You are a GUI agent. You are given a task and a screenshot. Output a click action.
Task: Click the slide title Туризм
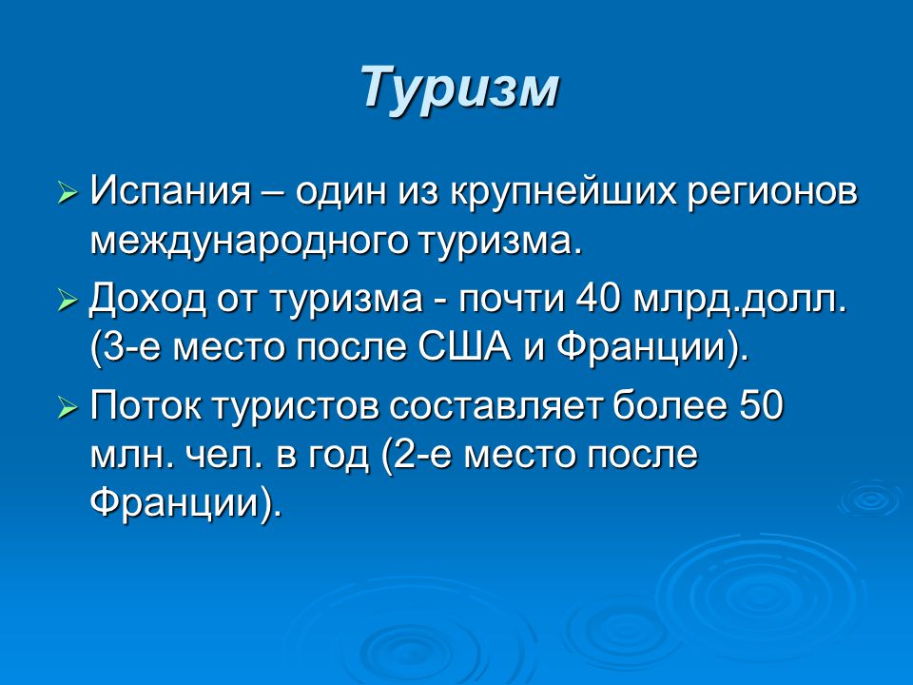pyautogui.click(x=460, y=88)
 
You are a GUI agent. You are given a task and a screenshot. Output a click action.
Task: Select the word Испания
pyautogui.click(x=170, y=191)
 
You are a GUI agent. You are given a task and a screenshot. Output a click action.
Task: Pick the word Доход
pyautogui.click(x=148, y=300)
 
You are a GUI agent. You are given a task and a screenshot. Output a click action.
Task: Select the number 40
pyautogui.click(x=597, y=298)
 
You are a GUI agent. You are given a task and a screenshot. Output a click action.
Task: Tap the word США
pyautogui.click(x=465, y=347)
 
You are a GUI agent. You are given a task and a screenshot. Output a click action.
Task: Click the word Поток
pyautogui.click(x=146, y=405)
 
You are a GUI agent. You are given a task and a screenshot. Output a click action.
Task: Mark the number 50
pyautogui.click(x=762, y=405)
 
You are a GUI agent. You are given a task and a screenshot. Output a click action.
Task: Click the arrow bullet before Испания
pyautogui.click(x=68, y=193)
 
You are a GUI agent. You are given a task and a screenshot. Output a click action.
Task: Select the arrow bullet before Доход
pyautogui.click(x=68, y=301)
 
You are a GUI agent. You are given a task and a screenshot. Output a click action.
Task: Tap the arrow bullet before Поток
pyautogui.click(x=68, y=408)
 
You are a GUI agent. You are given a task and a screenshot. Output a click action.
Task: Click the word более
pyautogui.click(x=670, y=405)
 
